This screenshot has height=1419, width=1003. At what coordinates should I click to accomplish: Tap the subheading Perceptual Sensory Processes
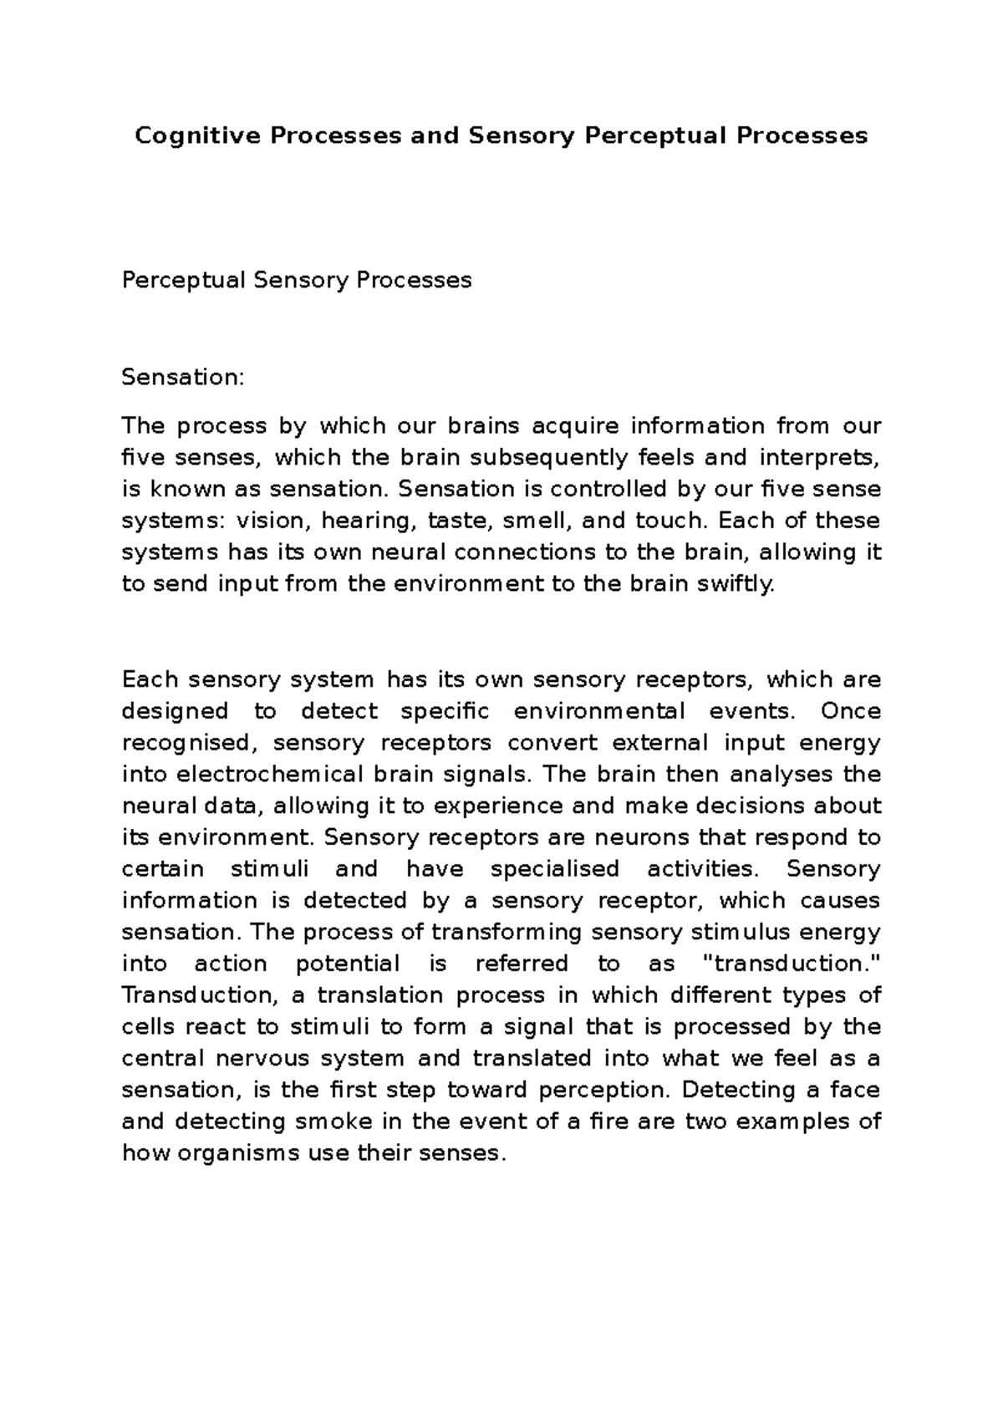coord(297,280)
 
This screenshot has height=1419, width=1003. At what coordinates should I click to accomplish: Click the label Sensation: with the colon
coord(183,378)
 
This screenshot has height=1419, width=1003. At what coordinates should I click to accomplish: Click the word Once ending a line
coord(850,712)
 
